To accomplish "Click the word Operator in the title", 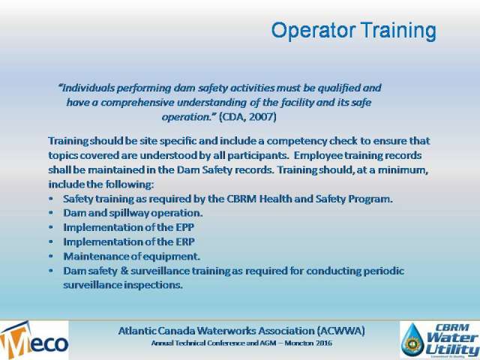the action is pyautogui.click(x=313, y=31).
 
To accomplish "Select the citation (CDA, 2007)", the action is pyautogui.click(x=247, y=117).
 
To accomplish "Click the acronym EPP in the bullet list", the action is pyautogui.click(x=184, y=227).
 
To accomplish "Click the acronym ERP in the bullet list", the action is pyautogui.click(x=185, y=241).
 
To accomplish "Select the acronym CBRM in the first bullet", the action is pyautogui.click(x=241, y=199).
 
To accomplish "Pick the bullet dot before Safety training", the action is pyautogui.click(x=51, y=199).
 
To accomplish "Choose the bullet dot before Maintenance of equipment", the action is pyautogui.click(x=51, y=256).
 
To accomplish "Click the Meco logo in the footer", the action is pyautogui.click(x=34, y=340).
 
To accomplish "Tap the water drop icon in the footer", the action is pyautogui.click(x=412, y=340).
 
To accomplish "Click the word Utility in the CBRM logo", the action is pyautogui.click(x=451, y=349).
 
